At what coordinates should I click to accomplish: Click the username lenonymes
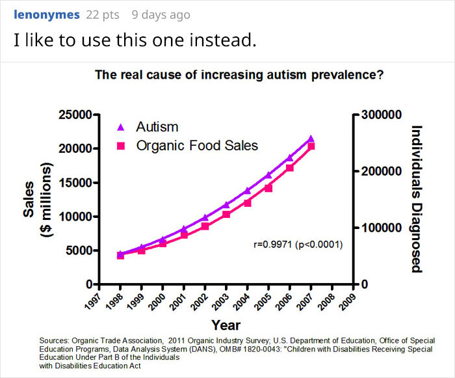(47, 14)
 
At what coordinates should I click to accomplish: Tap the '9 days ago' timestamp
(161, 14)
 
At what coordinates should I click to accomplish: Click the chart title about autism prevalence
(239, 75)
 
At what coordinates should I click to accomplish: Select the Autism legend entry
(157, 127)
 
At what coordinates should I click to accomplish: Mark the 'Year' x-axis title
(226, 325)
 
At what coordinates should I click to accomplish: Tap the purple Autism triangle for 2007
(311, 139)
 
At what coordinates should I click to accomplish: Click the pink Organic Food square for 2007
(311, 146)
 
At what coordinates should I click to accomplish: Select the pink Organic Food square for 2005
(268, 188)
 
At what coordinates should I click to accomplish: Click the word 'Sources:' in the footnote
(54, 340)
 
